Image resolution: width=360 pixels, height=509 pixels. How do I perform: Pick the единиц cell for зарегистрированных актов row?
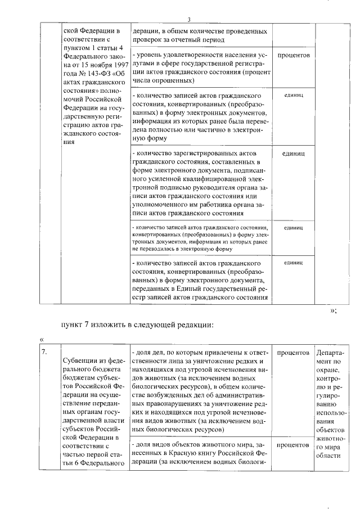click(293, 153)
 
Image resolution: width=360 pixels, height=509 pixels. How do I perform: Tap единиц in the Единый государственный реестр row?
click(293, 263)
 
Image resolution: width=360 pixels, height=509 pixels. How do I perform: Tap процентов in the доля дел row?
click(293, 352)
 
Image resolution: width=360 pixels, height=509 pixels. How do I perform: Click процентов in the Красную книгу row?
click(293, 444)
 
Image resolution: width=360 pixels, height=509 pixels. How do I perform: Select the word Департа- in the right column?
click(328, 352)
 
